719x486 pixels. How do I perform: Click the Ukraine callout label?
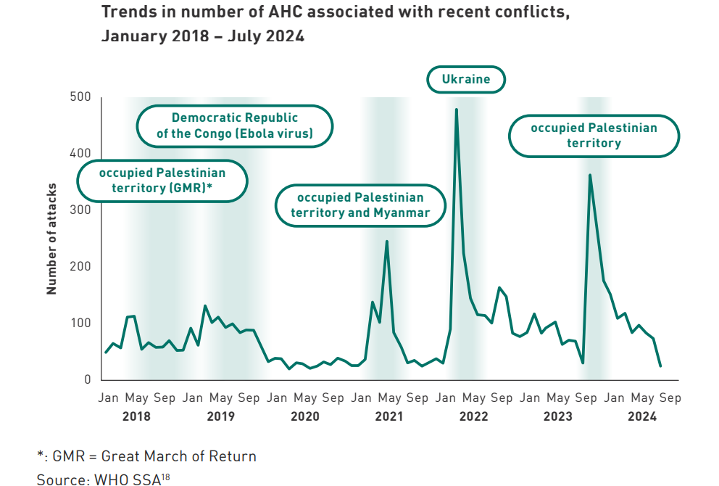tap(465, 79)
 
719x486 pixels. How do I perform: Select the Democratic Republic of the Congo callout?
tap(235, 125)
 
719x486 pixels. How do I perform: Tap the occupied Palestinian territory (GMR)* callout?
tap(162, 181)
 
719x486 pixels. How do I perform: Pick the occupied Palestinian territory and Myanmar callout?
tap(360, 205)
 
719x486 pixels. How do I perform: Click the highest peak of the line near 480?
tap(456, 110)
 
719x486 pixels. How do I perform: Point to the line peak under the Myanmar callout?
tap(386, 241)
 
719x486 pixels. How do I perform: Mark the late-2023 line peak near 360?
tap(590, 175)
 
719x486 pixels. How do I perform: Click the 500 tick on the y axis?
tap(80, 97)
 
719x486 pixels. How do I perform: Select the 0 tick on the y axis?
tap(87, 379)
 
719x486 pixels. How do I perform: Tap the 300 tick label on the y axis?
tap(80, 210)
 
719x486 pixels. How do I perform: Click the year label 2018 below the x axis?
tap(136, 416)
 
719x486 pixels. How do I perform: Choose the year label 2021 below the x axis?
tap(389, 416)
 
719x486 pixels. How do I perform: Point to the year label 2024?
tap(642, 416)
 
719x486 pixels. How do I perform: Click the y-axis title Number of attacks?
tap(51, 237)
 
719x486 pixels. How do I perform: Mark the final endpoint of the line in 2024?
tap(660, 366)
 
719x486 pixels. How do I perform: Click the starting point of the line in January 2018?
tap(106, 353)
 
